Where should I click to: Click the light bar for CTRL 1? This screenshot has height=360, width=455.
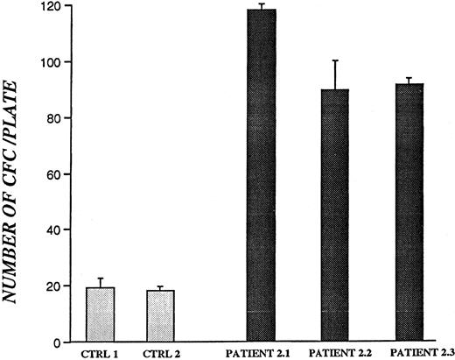(101, 314)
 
